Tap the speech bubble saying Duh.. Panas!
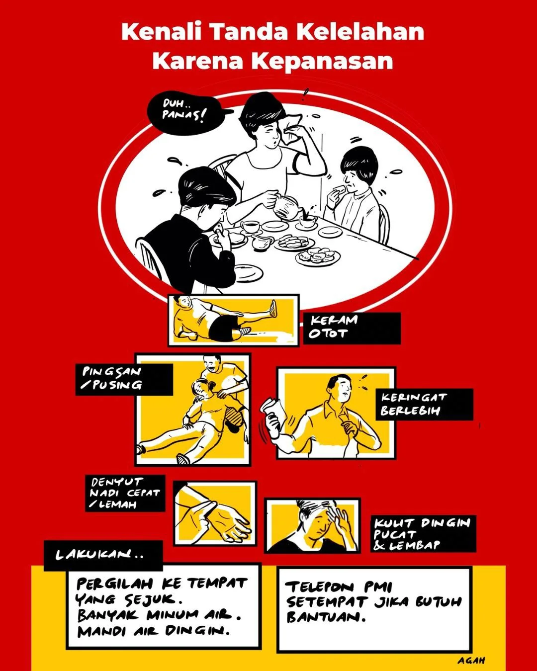[186, 112]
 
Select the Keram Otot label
[352, 328]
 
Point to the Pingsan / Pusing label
[124, 379]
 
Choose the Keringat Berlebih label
[424, 405]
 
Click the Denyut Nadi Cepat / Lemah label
[125, 493]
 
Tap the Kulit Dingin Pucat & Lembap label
[423, 534]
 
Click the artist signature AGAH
[471, 661]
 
